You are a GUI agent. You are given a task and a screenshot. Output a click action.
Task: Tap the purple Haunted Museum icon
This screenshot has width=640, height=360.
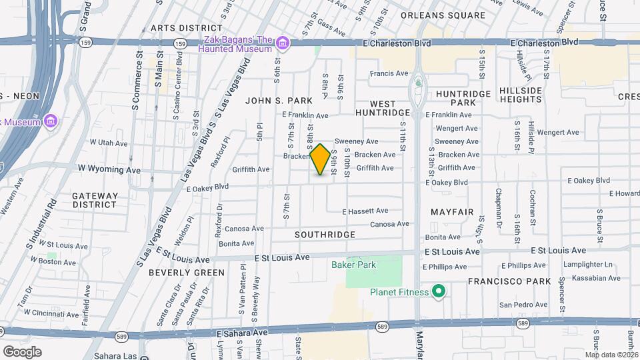pyautogui.click(x=283, y=44)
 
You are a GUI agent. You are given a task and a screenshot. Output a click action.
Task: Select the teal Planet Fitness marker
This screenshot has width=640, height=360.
pyautogui.click(x=439, y=292)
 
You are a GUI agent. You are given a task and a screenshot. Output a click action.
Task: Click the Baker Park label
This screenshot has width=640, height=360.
pyautogui.click(x=353, y=265)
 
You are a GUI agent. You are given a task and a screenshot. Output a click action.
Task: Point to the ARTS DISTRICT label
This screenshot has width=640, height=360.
pyautogui.click(x=186, y=28)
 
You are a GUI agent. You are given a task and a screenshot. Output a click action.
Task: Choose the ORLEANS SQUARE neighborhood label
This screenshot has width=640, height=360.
pyautogui.click(x=443, y=15)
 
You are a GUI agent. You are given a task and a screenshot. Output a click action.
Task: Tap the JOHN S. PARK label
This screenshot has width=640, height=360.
pyautogui.click(x=279, y=101)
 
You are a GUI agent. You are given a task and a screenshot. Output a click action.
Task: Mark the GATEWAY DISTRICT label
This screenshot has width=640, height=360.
pyautogui.click(x=95, y=201)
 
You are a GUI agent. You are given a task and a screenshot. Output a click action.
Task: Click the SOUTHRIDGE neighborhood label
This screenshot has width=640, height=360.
pyautogui.click(x=325, y=235)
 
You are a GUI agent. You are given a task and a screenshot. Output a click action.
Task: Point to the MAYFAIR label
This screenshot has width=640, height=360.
pyautogui.click(x=452, y=212)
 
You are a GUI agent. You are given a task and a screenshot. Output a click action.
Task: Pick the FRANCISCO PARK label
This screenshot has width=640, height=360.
pyautogui.click(x=509, y=281)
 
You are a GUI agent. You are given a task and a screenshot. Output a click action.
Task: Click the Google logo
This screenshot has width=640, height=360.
pyautogui.click(x=22, y=351)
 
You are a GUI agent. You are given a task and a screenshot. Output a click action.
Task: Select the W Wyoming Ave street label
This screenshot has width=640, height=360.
pyautogui.click(x=106, y=170)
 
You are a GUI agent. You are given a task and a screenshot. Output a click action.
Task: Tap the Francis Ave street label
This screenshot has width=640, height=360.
pyautogui.click(x=389, y=73)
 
